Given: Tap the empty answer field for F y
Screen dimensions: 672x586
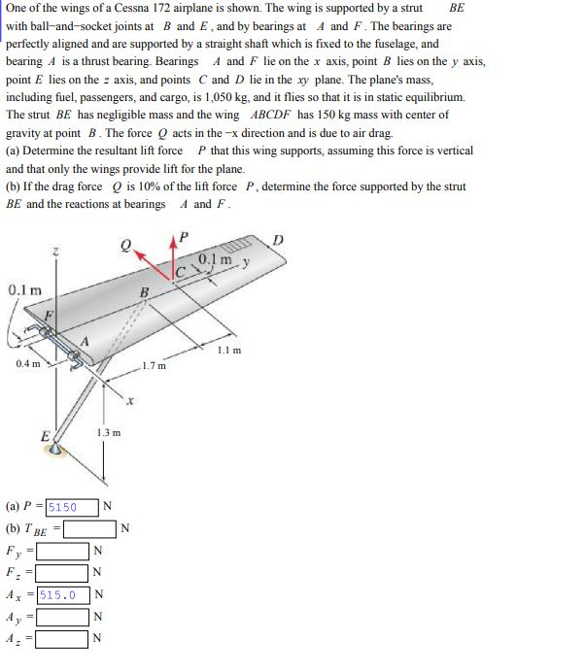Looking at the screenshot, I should tap(63, 551).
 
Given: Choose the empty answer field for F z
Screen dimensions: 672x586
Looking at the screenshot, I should tap(63, 573).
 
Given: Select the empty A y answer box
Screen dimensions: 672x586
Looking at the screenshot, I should tap(63, 617).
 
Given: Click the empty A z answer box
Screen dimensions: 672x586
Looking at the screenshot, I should tap(63, 639).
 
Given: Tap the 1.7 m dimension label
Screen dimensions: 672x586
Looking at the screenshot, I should tap(154, 366).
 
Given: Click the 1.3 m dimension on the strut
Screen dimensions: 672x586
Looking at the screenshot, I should tap(110, 432).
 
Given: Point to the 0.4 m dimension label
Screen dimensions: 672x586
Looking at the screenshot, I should tap(28, 364).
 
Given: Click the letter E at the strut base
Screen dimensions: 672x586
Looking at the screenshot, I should tap(45, 436).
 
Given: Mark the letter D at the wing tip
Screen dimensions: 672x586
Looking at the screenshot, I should tap(278, 239).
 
